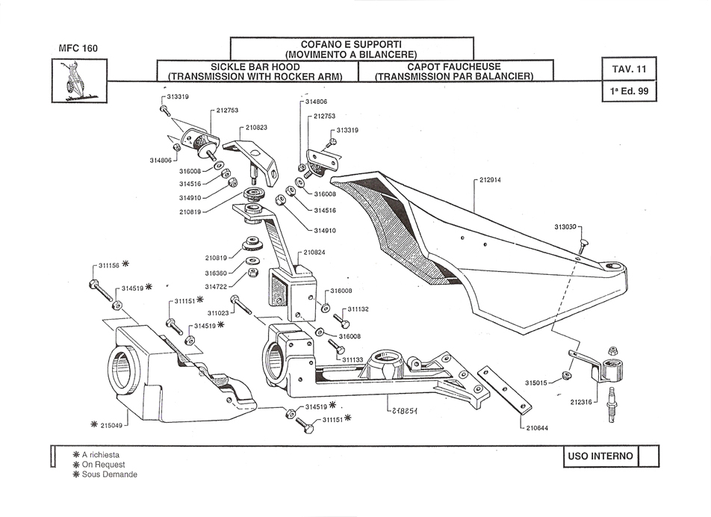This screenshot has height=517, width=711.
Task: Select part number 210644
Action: (537, 428)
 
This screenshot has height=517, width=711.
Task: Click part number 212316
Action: (582, 401)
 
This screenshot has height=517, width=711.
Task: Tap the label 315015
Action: (536, 383)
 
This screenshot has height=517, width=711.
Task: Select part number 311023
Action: (219, 312)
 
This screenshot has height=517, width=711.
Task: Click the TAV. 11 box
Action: (629, 69)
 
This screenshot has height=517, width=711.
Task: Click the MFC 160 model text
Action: (78, 49)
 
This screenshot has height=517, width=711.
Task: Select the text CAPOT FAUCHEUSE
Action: (453, 66)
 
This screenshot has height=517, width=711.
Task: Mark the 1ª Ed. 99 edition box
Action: (629, 93)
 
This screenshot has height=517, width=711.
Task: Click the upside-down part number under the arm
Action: (403, 410)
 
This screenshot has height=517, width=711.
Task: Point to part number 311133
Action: (353, 360)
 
